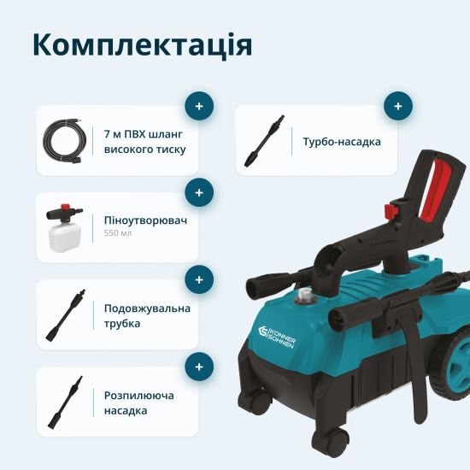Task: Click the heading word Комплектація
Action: pos(142,45)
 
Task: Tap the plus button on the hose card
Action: pos(199,107)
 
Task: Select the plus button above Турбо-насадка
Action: pos(397,107)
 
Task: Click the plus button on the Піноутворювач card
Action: pos(199,193)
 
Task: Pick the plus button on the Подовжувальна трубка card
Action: pos(199,279)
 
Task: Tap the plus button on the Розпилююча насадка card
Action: pos(199,367)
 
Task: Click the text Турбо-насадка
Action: pos(342,141)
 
